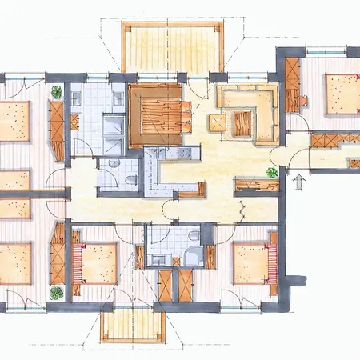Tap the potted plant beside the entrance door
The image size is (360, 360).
[x=273, y=171]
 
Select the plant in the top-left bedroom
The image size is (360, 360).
[x=56, y=91]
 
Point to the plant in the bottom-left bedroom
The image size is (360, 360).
[x=56, y=294]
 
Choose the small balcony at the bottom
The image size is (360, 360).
[x=134, y=326]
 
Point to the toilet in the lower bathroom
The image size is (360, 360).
[x=194, y=236]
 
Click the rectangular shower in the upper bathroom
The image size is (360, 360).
[x=113, y=127]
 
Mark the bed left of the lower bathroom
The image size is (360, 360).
[x=97, y=263]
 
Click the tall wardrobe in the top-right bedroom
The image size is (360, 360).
[x=292, y=86]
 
